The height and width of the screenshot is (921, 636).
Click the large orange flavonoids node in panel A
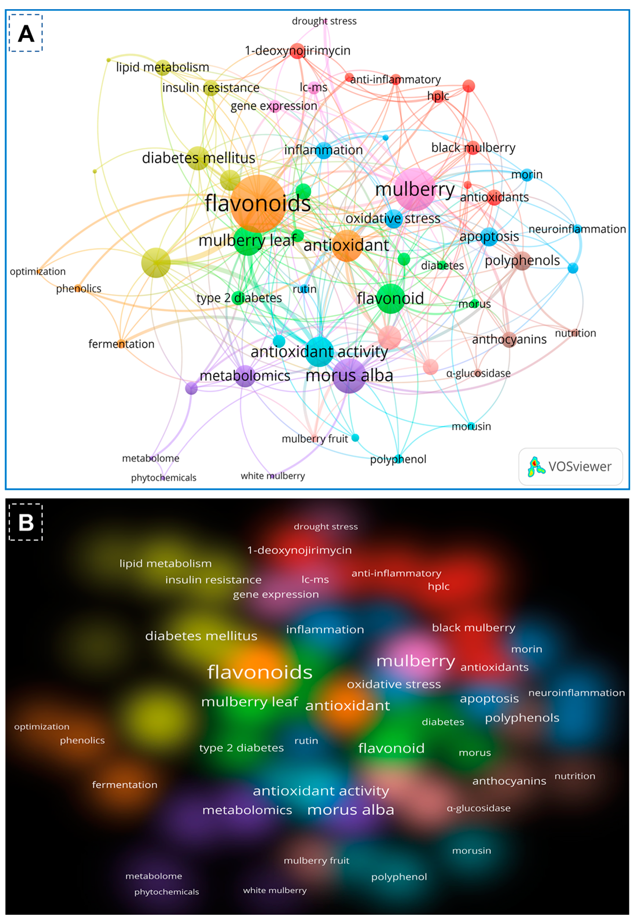point(258,203)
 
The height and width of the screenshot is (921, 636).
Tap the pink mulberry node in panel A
point(415,189)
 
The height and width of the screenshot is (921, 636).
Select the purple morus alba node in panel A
point(349,376)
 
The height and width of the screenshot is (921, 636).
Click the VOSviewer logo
point(570,466)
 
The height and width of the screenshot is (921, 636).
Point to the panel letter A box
point(26,33)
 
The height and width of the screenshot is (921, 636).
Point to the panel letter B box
point(26,522)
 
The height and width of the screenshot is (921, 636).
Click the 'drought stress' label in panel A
point(324,21)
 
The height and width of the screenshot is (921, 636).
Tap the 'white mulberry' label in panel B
point(275,890)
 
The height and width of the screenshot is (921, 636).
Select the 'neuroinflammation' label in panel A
point(577,229)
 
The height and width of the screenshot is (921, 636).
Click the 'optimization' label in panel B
point(42,727)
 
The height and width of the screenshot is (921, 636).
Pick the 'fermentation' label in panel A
point(121,344)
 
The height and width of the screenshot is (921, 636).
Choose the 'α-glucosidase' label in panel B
point(478,808)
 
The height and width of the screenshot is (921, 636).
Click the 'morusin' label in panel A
point(471,426)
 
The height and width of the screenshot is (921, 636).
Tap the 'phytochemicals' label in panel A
point(163,477)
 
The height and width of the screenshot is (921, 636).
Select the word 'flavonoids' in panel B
point(260,672)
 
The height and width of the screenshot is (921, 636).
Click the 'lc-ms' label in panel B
point(315,579)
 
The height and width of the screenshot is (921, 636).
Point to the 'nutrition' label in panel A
point(575,333)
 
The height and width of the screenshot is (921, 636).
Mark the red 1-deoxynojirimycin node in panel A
point(297,51)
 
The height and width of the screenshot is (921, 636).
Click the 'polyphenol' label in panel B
point(399,876)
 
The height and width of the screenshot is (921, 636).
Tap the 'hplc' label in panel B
point(438,586)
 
